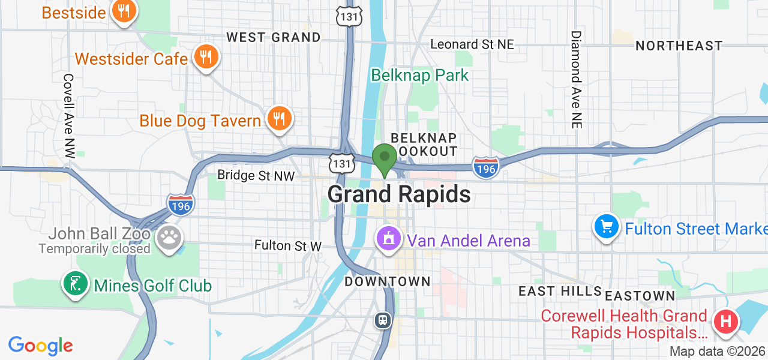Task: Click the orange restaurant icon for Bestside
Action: [124, 11]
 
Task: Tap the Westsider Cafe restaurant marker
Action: [206, 58]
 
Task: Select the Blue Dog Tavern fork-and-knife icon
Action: [278, 118]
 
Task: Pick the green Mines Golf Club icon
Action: [75, 284]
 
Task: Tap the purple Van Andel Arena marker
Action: [389, 239]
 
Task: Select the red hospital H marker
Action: [725, 322]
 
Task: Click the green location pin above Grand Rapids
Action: [384, 158]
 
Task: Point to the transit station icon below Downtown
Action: [383, 320]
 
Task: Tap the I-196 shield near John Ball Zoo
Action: [181, 205]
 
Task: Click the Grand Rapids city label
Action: [399, 194]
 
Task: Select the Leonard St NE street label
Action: [472, 44]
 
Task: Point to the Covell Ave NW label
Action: [68, 116]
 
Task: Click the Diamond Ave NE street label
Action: [575, 79]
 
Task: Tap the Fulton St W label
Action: [288, 245]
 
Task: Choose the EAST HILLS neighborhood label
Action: [560, 292]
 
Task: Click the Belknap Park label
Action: [419, 75]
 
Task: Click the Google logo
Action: [40, 346]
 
